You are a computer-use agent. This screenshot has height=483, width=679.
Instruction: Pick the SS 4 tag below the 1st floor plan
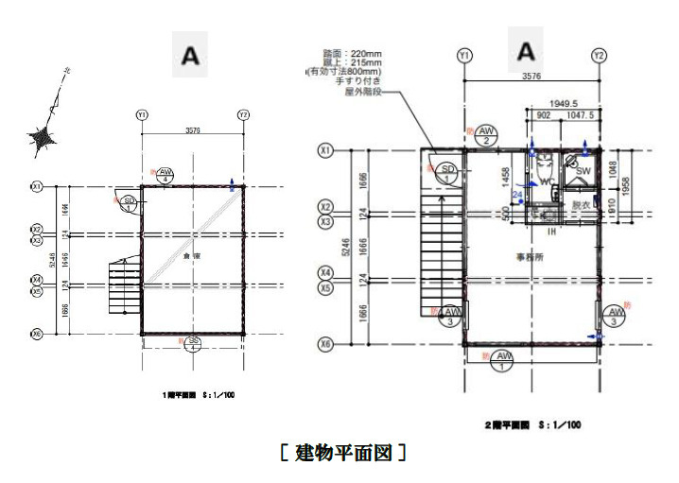193,342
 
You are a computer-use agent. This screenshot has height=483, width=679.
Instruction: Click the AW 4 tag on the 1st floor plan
166,173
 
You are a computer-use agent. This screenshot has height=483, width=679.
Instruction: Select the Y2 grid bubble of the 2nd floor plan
600,57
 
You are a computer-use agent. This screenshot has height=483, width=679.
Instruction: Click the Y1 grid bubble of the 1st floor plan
142,114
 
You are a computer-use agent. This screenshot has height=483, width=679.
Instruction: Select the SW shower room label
583,171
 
